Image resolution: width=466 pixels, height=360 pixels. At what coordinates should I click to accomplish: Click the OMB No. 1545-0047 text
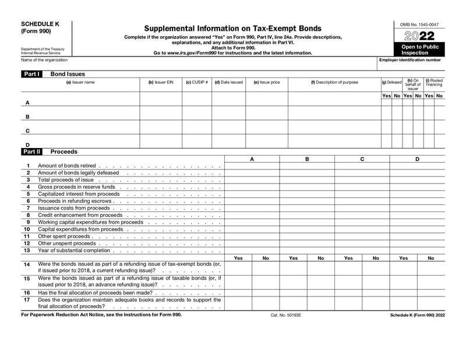(x=419, y=24)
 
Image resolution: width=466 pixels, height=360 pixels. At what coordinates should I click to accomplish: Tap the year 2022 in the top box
(x=419, y=36)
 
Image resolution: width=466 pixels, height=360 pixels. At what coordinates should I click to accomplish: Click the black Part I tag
(x=31, y=75)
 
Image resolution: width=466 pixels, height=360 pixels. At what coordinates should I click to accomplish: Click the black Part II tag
(x=31, y=151)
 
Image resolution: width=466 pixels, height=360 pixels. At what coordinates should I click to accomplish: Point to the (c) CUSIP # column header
(x=197, y=82)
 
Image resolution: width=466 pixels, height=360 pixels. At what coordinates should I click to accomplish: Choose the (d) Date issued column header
(x=228, y=82)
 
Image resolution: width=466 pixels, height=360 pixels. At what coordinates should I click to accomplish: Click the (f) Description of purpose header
(x=334, y=82)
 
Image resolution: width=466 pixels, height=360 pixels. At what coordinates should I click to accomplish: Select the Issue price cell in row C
(x=266, y=130)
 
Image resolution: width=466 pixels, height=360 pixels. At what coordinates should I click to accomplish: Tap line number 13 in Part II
(x=26, y=250)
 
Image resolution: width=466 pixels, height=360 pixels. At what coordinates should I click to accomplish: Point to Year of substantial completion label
(x=74, y=250)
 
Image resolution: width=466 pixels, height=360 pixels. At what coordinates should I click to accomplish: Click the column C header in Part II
(x=362, y=158)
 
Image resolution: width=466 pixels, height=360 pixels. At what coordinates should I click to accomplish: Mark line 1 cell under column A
(x=252, y=166)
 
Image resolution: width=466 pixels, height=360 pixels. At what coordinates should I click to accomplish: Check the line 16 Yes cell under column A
(x=238, y=292)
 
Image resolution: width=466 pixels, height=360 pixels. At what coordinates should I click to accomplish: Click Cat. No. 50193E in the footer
(x=286, y=315)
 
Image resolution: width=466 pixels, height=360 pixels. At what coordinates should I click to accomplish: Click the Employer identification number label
(x=410, y=60)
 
